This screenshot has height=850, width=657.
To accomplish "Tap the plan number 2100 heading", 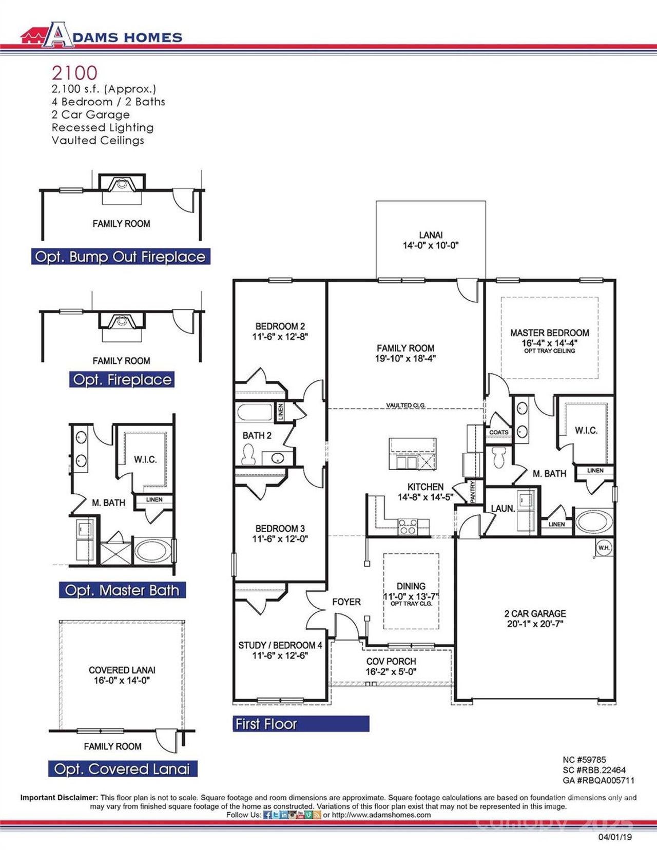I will click(x=74, y=72).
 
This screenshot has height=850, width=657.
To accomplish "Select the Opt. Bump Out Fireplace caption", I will click(x=120, y=257).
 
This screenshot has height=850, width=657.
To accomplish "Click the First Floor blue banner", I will click(x=300, y=724).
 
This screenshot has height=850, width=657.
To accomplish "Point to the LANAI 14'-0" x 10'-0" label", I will click(x=430, y=240).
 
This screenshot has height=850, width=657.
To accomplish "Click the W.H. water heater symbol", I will click(x=604, y=548).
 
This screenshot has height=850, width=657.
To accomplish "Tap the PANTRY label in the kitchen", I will click(x=473, y=491).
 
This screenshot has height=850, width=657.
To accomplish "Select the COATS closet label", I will click(x=498, y=432).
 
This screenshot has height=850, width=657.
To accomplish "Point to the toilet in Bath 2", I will click(x=249, y=454).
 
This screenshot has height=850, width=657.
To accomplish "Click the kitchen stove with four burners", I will click(x=408, y=527).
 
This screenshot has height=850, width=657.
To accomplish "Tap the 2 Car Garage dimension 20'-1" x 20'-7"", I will click(x=535, y=624).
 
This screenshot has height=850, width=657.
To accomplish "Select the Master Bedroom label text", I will click(x=549, y=333).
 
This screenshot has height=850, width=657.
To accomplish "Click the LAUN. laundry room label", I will click(x=503, y=509).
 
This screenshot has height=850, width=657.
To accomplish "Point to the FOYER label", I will click(x=346, y=602).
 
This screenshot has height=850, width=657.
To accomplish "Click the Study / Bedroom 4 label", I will click(x=280, y=645).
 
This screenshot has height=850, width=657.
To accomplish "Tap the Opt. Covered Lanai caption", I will click(x=122, y=769).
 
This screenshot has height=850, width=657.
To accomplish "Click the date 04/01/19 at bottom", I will click(x=615, y=837).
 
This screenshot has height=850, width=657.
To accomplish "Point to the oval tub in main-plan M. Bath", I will click(x=594, y=521).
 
